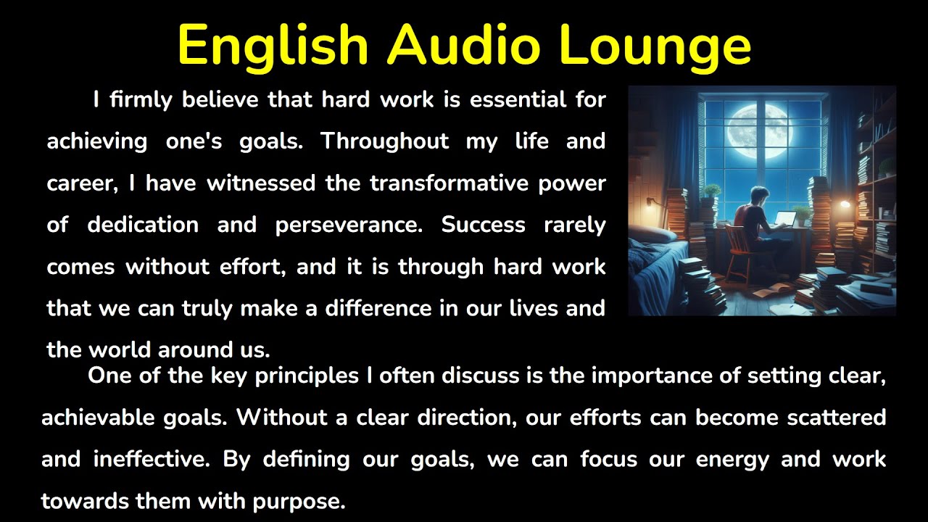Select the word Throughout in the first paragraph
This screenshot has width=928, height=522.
coord(384,141)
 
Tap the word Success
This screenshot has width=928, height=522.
coord(484,225)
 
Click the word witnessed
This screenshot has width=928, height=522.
coord(261,183)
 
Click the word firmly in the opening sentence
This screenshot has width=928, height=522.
coord(141,99)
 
